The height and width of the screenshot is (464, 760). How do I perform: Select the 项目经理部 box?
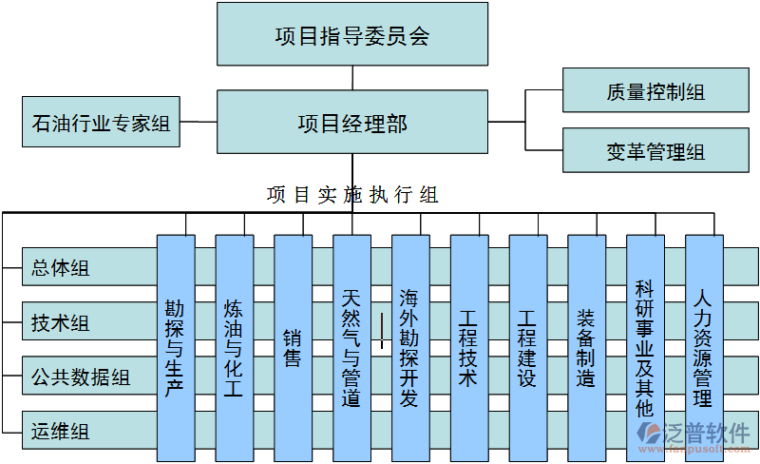point(352,124)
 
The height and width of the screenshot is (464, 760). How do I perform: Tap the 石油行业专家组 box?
point(101,123)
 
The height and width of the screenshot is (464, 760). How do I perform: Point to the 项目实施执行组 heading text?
point(352,195)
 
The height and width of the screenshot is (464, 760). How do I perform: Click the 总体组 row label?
point(61,268)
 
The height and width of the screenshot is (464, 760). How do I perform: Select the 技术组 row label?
point(61,323)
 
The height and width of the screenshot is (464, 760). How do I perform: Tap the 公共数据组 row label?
point(81,377)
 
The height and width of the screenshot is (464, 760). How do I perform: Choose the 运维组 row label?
point(61,432)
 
